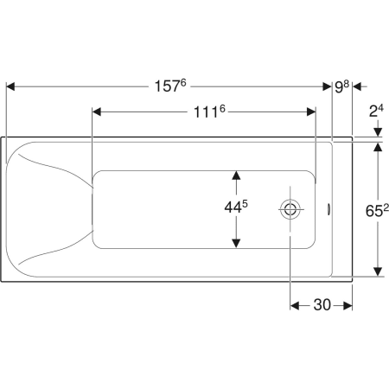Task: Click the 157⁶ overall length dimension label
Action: [170, 86]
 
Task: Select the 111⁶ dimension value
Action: [209, 112]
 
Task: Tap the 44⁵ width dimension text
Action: [236, 207]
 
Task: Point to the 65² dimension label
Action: [377, 210]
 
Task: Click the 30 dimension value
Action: [322, 305]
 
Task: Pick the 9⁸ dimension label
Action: [342, 86]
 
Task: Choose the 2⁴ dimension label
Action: [376, 111]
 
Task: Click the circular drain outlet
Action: [290, 209]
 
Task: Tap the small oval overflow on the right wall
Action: [328, 209]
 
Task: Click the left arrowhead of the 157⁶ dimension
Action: [10, 86]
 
